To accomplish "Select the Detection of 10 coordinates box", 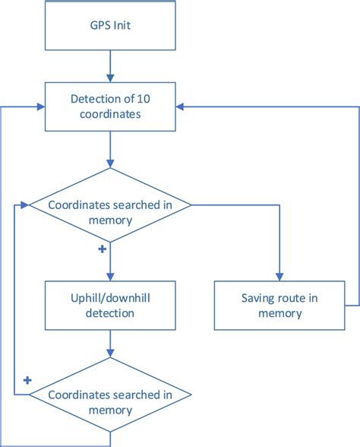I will (111, 106).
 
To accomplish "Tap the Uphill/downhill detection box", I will (111, 305).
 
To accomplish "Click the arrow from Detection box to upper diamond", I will (111, 148).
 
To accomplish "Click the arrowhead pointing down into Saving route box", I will (280, 276).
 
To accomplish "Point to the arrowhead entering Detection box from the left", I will (40, 106).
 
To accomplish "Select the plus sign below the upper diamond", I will (102, 249).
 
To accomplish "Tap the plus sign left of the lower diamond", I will (27, 379).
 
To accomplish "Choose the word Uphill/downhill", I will (111, 298).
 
